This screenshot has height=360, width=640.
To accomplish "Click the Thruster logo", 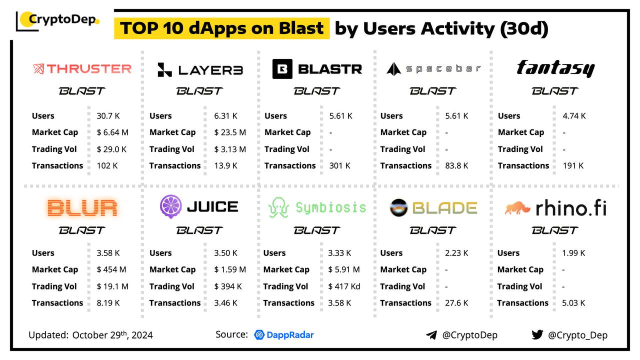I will pyautogui.click(x=82, y=68).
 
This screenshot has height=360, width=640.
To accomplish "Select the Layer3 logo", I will pyautogui.click(x=200, y=69).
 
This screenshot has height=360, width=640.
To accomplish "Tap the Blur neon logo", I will pyautogui.click(x=82, y=207).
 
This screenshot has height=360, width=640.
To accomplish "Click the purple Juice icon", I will pyautogui.click(x=170, y=206).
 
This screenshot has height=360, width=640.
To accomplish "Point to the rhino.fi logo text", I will pyautogui.click(x=571, y=208).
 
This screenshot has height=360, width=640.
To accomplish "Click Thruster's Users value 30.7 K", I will pyautogui.click(x=108, y=116).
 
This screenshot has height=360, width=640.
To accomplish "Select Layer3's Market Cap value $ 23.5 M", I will pyautogui.click(x=230, y=132).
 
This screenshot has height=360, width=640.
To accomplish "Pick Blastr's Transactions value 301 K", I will pyautogui.click(x=340, y=165).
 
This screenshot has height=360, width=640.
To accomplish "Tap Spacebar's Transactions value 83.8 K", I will pyautogui.click(x=456, y=165).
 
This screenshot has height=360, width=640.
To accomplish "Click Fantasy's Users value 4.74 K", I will pyautogui.click(x=573, y=116).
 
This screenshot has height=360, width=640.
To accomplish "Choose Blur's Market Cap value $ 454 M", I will pyautogui.click(x=111, y=269).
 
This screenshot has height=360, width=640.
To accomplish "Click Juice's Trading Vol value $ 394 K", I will pyautogui.click(x=228, y=286).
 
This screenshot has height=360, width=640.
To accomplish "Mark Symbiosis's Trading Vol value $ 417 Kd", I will pyautogui.click(x=344, y=286).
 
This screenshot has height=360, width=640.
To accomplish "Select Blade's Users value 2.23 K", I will pyautogui.click(x=456, y=253).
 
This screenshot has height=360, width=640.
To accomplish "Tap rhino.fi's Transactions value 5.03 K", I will pyautogui.click(x=573, y=303).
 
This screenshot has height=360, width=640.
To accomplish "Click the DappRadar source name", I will pyautogui.click(x=284, y=334).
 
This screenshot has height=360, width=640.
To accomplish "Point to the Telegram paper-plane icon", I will pyautogui.click(x=431, y=335).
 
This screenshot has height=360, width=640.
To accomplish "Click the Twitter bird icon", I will pyautogui.click(x=537, y=334).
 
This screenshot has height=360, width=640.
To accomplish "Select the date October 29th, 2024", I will pyautogui.click(x=112, y=335).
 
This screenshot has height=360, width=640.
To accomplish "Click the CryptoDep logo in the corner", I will pyautogui.click(x=58, y=20).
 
